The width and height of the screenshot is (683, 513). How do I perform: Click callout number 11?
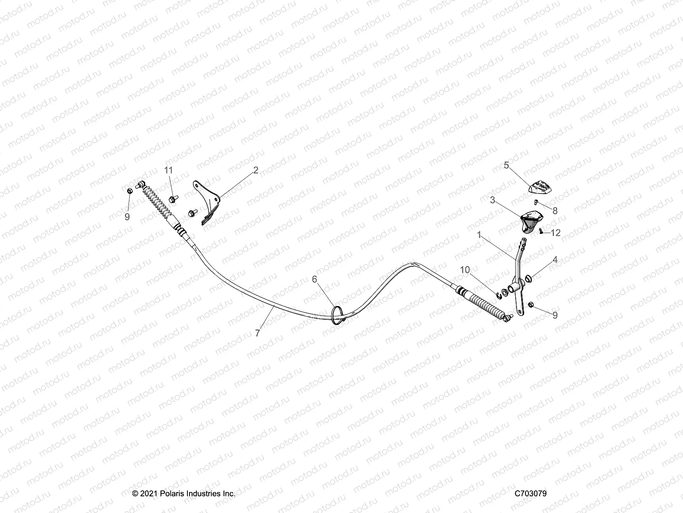pos(169,170)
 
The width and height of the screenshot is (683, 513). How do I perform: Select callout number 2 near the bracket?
pos(256,170)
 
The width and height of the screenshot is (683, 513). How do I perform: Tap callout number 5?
pos(506,165)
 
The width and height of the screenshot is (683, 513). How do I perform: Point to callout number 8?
pos(555,211)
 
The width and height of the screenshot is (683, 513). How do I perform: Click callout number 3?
pos(492,200)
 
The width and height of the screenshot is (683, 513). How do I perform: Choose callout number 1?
pos(479,235)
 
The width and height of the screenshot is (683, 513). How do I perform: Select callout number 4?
pos(555,259)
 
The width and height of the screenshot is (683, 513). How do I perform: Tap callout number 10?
pos(465,269)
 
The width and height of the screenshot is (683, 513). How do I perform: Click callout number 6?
pos(315,279)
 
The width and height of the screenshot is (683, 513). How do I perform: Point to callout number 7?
pos(257,333)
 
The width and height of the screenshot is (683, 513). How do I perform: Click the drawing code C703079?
pos(530,493)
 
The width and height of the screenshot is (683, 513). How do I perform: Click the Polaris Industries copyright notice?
pos(184,493)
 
